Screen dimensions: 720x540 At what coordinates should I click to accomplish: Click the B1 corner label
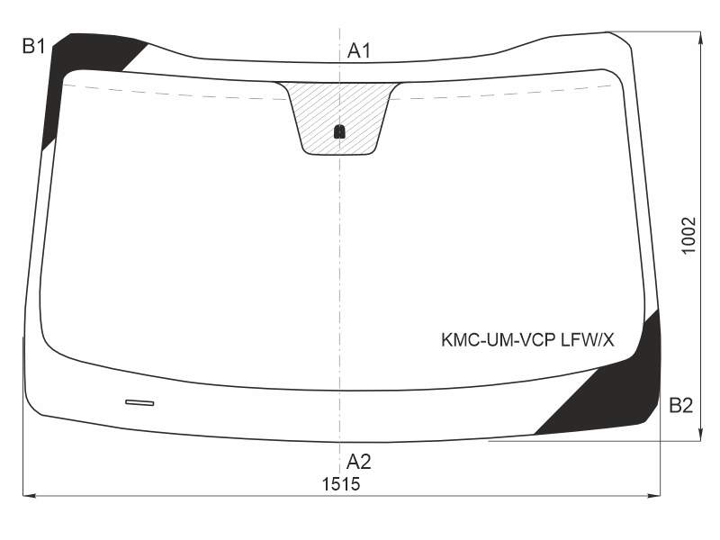coord(33,47)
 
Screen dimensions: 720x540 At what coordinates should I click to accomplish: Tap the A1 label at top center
coord(358,50)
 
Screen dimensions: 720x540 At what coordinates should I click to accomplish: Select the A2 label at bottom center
coord(358,462)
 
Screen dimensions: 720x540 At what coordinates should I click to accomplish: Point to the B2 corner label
coord(681,406)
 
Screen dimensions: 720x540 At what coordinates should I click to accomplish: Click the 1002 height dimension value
coord(688,235)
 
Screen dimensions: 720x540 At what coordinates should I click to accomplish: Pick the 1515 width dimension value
coord(341,484)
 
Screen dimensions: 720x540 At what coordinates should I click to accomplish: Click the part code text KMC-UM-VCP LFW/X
coord(527,340)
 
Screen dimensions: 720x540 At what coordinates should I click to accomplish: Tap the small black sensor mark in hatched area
coord(339,131)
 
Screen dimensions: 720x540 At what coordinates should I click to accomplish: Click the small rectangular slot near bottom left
coord(139,402)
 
